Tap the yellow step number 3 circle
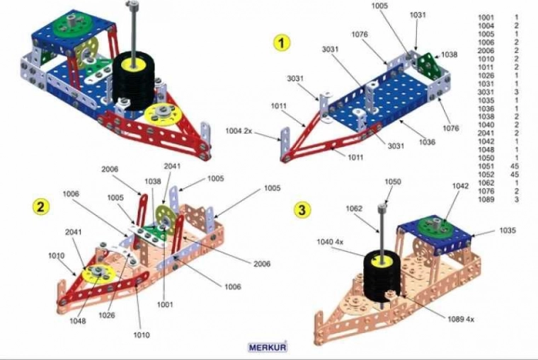tap(302, 209)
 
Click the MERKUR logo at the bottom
tap(267, 347)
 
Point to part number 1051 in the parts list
tap(487, 166)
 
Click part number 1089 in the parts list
tap(487, 200)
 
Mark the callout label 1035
tap(508, 230)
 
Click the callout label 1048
tap(78, 320)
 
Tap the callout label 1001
tap(166, 304)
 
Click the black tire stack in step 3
tap(382, 272)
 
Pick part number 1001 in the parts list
tap(487, 17)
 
